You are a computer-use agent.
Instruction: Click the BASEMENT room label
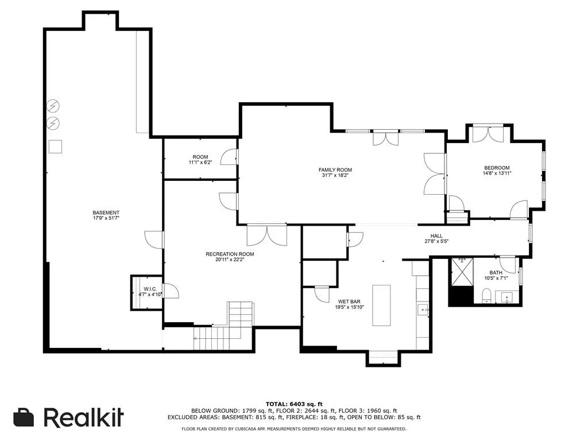point(106,212)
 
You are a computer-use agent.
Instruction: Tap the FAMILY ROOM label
point(335,170)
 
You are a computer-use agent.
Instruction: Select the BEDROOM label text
point(497,168)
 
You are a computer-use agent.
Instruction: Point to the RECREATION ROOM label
point(230,254)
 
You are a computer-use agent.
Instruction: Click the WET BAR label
point(350,300)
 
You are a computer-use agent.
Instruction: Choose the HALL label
point(436,236)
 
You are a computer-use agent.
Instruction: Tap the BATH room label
point(496,273)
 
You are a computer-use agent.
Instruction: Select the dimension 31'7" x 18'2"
point(335,176)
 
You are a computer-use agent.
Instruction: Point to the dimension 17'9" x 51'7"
point(106,218)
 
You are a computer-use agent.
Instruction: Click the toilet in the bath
point(485,296)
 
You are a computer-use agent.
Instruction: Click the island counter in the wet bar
point(381,305)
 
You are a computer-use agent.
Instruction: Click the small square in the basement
point(55,146)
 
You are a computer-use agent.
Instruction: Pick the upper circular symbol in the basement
point(53,106)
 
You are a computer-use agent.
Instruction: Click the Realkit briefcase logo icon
point(24,417)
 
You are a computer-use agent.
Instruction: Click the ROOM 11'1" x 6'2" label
point(200,160)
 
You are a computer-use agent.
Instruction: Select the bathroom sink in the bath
point(506,297)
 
